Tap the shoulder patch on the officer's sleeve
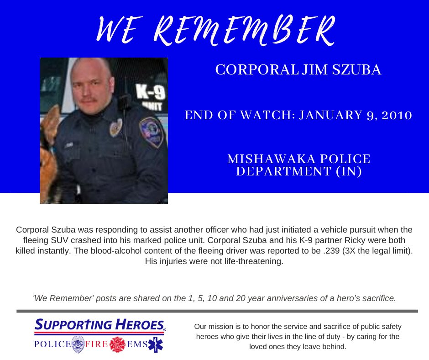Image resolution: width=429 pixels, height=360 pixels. tap(151, 131)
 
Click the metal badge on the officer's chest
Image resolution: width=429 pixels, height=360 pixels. tap(115, 128)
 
